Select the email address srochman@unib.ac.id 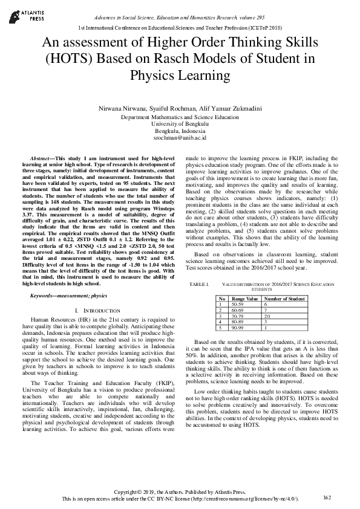tap(180, 138)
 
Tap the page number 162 tap(327, 497)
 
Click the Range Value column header tap(245, 299)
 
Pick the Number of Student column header tap(284, 299)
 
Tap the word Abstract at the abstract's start tap(41, 158)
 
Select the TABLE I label tap(198, 284)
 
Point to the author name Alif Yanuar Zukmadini tap(230, 108)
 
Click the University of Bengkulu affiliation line tap(180, 124)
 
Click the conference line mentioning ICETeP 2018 tap(180, 28)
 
